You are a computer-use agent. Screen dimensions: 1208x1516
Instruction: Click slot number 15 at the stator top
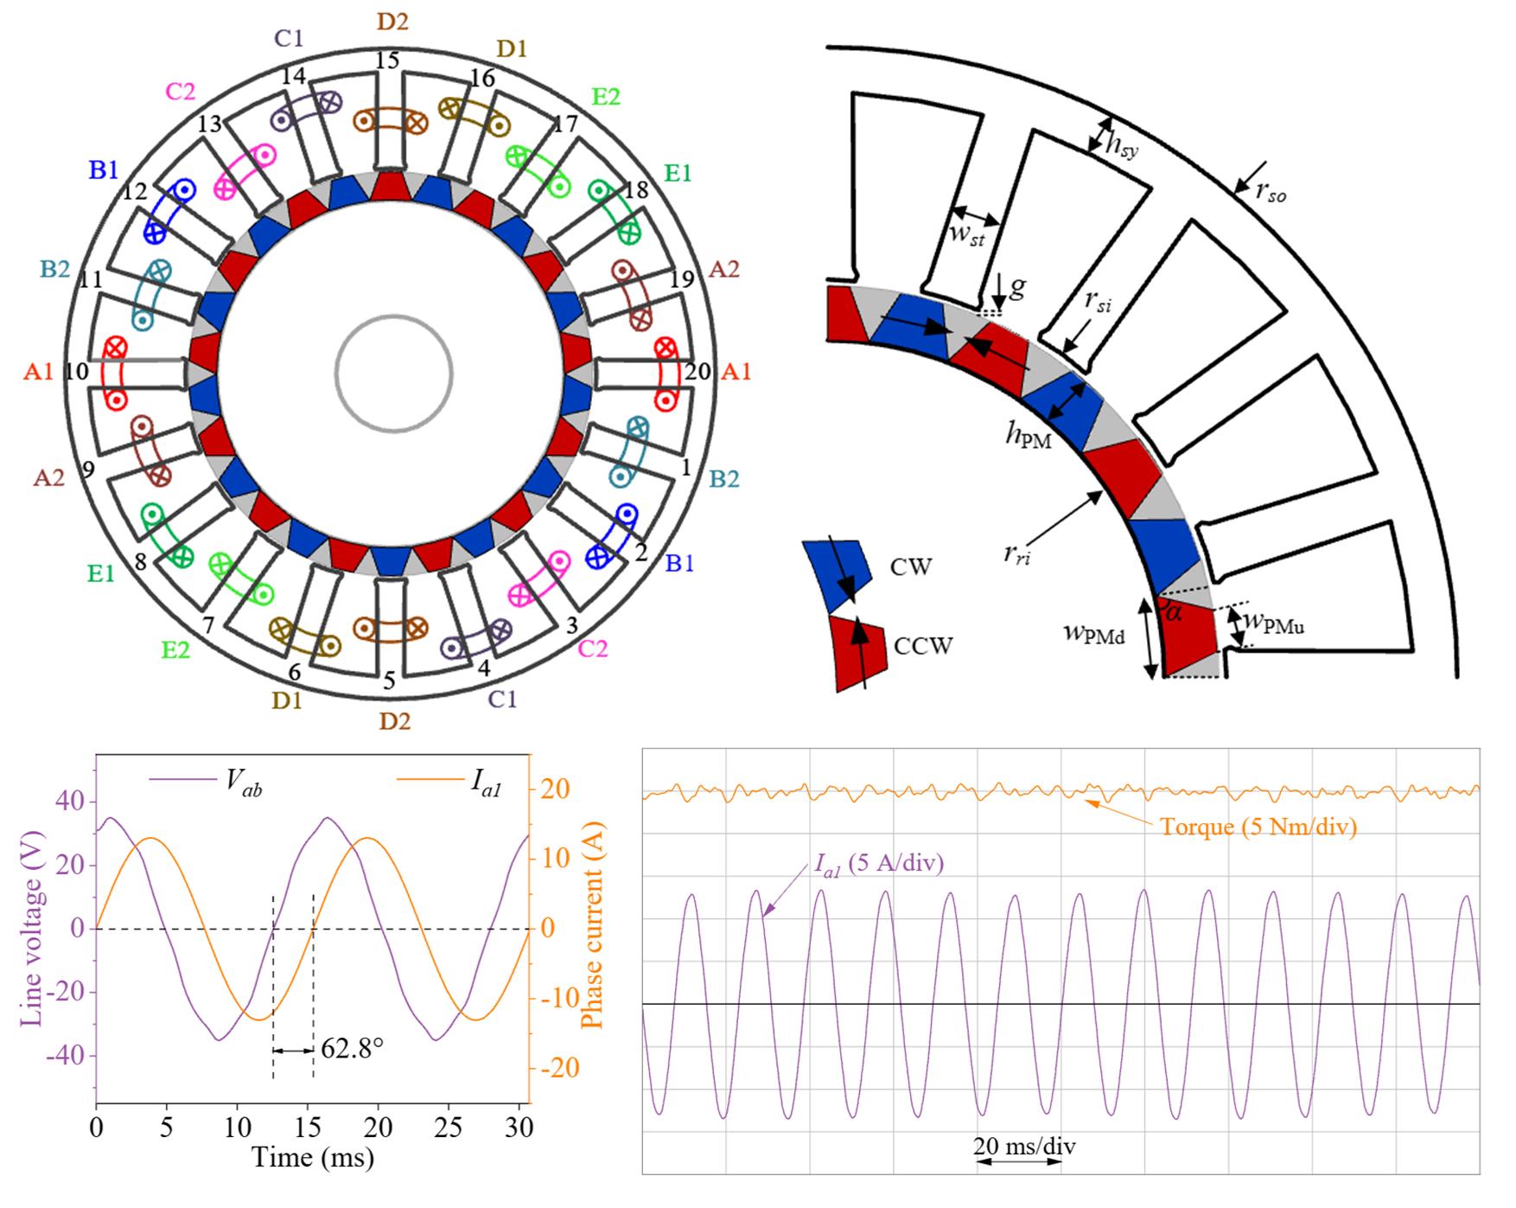(x=389, y=61)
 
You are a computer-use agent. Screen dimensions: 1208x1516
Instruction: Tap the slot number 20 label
(x=697, y=372)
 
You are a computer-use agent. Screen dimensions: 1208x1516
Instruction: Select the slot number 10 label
(x=77, y=372)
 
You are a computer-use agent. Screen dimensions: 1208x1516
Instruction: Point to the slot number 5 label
(x=389, y=681)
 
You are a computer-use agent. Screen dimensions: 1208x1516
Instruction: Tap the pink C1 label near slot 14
(x=289, y=39)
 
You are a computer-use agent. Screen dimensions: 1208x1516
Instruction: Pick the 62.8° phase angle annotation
(x=352, y=1049)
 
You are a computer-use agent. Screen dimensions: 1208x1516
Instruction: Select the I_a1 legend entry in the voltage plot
(x=487, y=783)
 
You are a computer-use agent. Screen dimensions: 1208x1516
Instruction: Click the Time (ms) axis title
(x=313, y=1157)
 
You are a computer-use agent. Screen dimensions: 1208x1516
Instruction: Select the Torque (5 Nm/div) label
(x=1258, y=827)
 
